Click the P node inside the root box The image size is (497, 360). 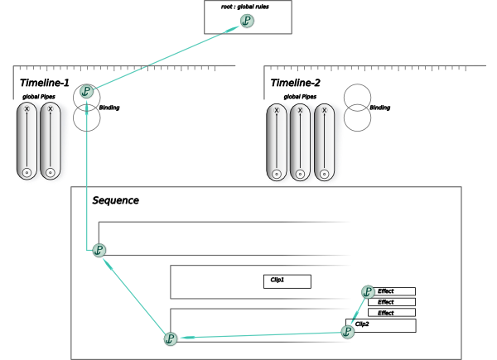247,21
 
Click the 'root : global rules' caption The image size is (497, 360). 248,6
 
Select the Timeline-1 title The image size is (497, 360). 44,83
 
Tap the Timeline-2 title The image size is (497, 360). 296,83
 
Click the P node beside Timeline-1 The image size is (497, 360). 86,92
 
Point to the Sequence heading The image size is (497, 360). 115,200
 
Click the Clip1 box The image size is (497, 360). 287,281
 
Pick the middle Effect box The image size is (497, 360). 392,302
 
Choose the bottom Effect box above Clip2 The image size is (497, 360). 392,313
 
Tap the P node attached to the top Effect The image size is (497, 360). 368,291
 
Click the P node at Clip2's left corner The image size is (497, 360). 348,331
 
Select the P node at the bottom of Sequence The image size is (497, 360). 171,338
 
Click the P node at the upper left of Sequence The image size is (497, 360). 99,249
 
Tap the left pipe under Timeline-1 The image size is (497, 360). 27,141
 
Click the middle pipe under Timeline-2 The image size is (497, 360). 300,142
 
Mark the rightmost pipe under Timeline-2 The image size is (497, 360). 325,142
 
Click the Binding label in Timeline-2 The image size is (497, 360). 380,108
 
